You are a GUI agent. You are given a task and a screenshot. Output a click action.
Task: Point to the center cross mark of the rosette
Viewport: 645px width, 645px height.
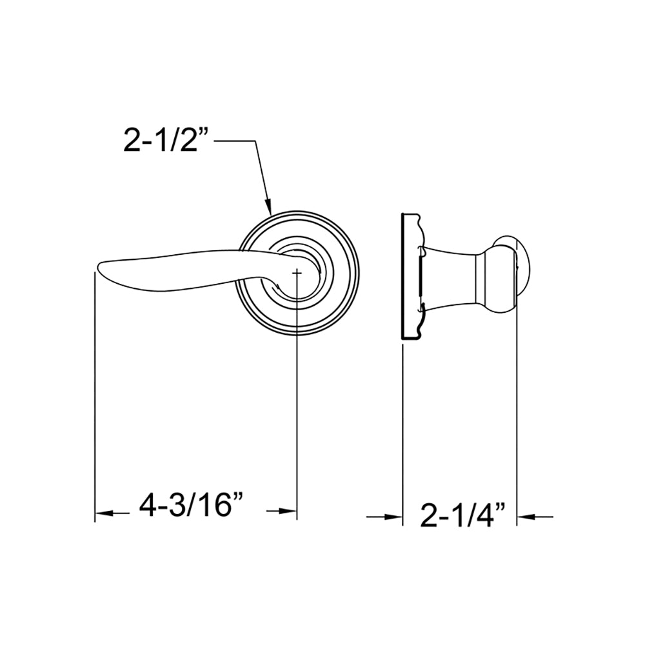click(x=297, y=273)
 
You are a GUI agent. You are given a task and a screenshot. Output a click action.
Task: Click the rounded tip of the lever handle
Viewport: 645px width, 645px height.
click(x=100, y=268)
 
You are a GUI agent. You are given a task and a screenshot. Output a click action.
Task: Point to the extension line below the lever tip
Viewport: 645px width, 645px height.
click(x=95, y=400)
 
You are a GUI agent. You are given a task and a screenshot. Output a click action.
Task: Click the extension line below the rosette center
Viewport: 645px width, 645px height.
click(x=297, y=419)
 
